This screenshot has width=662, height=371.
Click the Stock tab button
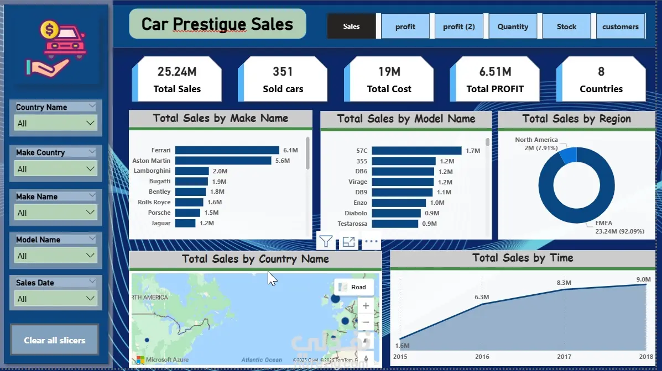[566, 26]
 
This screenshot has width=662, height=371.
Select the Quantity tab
[513, 26]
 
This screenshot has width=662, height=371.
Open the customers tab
[620, 26]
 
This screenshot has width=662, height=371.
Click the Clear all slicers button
[55, 340]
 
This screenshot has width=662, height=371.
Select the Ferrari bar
[227, 150]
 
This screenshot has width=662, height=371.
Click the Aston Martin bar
[223, 161]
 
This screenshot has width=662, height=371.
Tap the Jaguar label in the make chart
[160, 223]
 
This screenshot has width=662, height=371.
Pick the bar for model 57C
[416, 151]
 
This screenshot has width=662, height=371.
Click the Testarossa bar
[395, 224]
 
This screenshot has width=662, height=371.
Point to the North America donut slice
[568, 156]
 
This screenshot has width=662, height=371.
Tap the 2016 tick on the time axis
[482, 357]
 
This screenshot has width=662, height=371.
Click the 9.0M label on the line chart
[643, 279]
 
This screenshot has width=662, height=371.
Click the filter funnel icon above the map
[326, 241]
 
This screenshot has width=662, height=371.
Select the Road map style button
[353, 287]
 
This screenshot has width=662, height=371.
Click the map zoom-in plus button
[366, 305]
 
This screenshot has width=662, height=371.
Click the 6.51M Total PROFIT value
[495, 72]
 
